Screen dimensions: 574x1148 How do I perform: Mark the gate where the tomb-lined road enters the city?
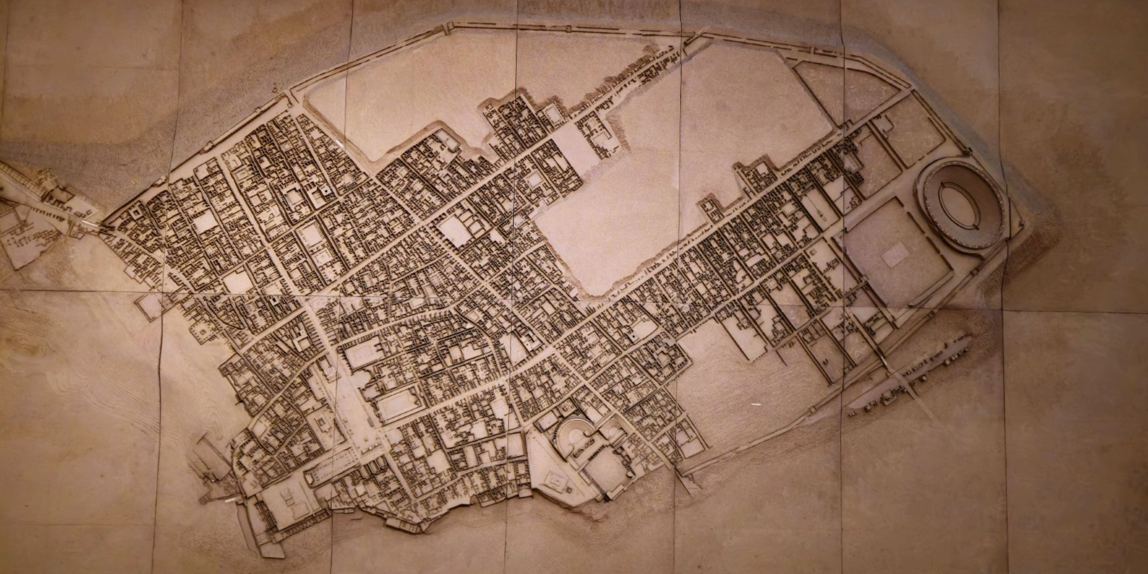105,227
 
